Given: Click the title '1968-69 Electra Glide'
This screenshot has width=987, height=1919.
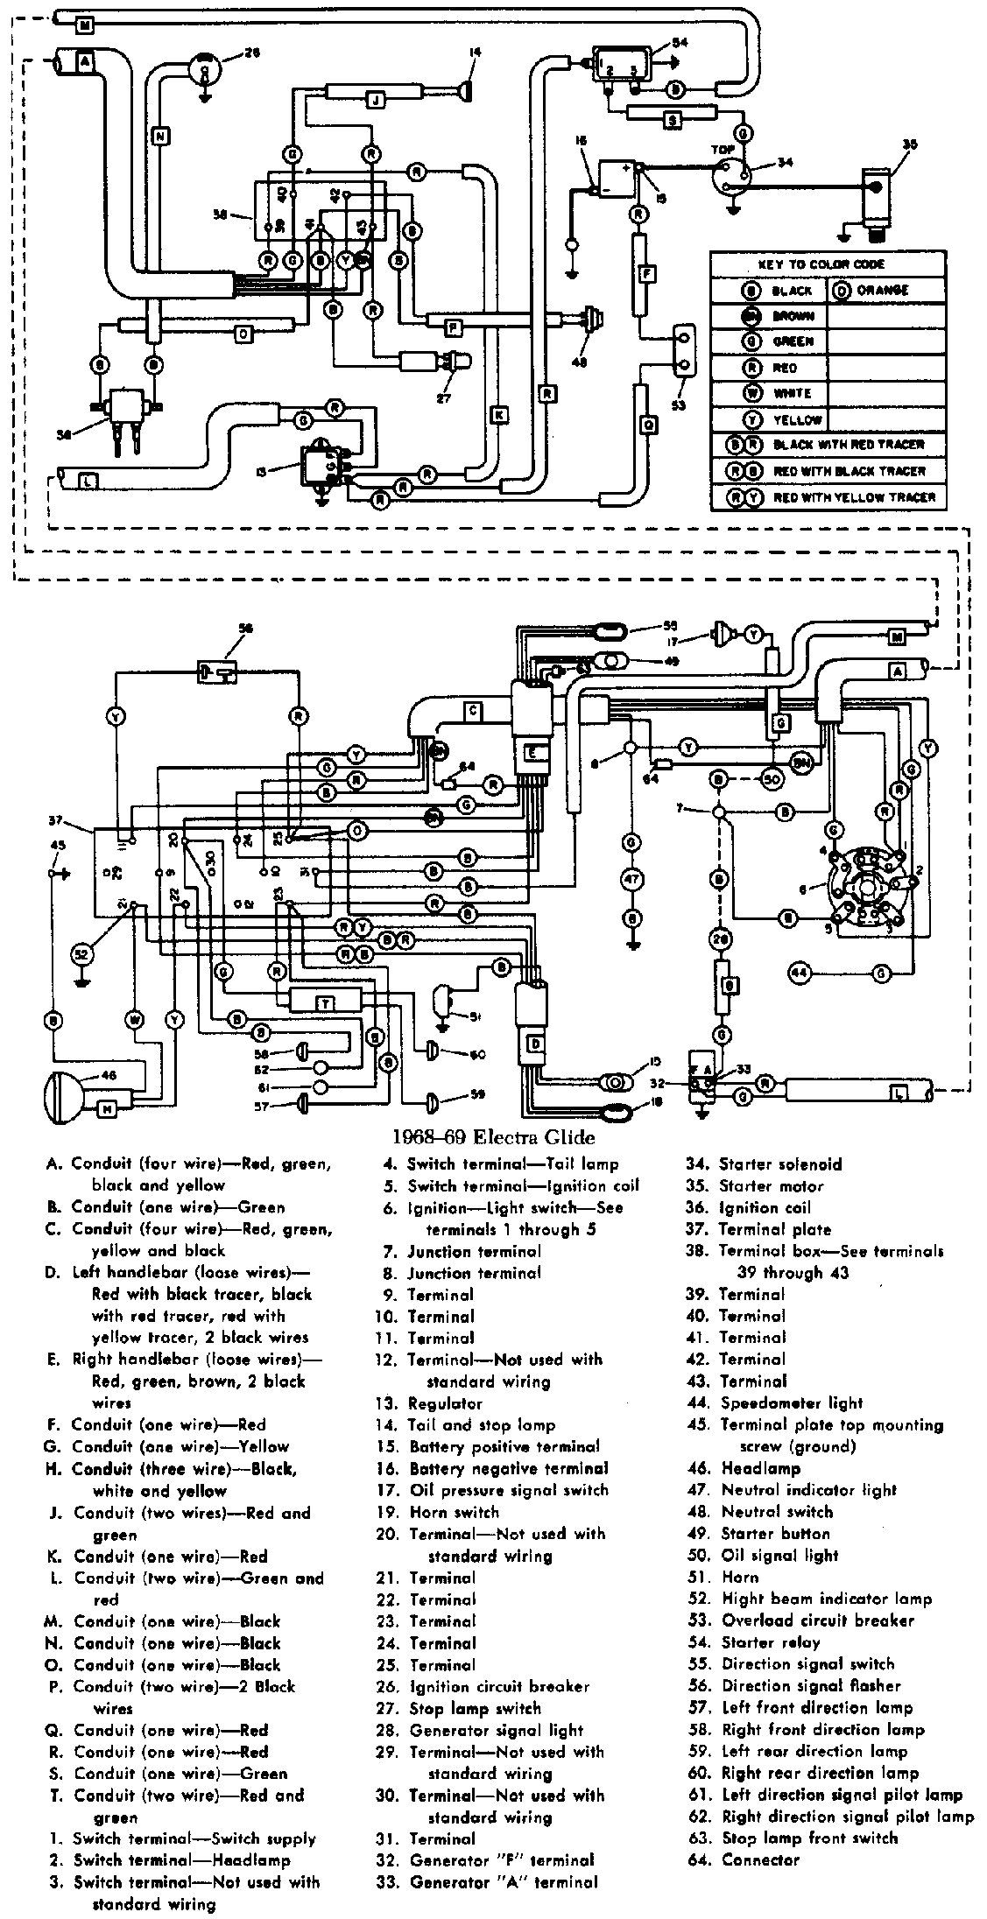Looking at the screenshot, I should click(493, 1137).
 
